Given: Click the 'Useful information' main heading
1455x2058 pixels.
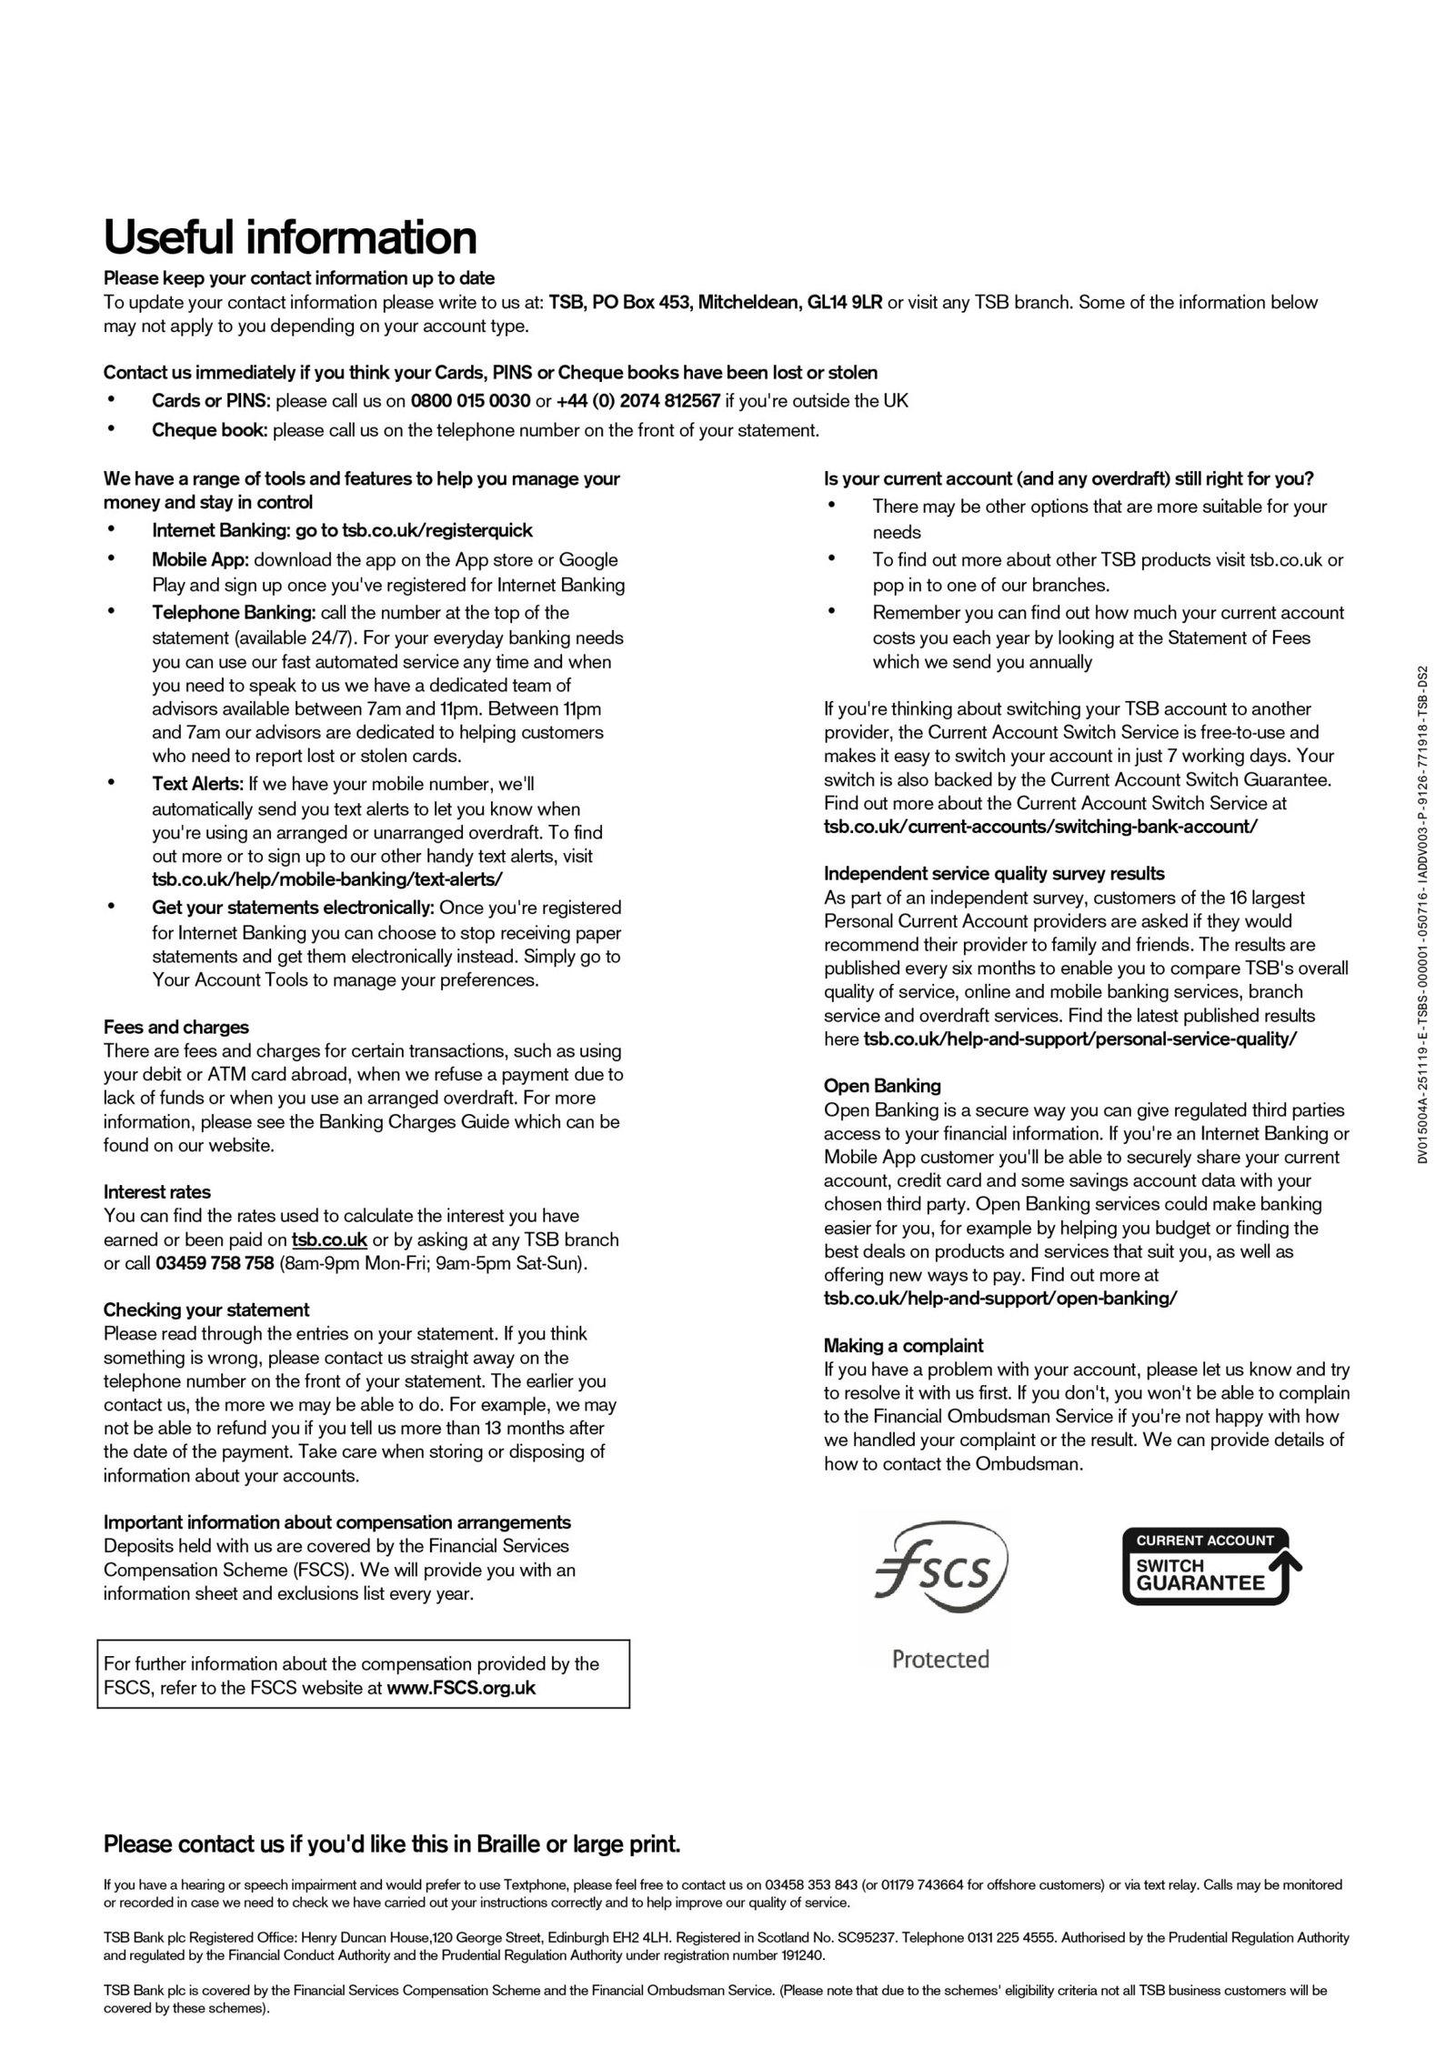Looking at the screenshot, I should (290, 237).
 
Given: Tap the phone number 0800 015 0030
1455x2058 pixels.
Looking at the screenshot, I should (470, 401).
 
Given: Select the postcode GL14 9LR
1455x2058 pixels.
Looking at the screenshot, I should (845, 303).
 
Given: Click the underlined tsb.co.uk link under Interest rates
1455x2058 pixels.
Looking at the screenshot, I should (329, 1240).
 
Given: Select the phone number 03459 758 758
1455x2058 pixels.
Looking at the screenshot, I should (215, 1263).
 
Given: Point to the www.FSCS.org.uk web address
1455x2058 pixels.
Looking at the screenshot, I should (461, 1688).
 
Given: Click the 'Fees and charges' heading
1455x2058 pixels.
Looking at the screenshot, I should (176, 1028).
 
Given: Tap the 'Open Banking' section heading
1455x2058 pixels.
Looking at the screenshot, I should (882, 1086).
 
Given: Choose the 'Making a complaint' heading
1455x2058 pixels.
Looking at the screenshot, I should (903, 1345).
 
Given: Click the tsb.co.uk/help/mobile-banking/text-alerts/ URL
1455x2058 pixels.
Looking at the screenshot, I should (327, 879).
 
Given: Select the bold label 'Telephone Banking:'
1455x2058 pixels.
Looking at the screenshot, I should (234, 613).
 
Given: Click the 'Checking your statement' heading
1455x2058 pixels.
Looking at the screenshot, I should (206, 1310).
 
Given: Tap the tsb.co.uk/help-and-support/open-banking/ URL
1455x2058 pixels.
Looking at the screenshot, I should (1000, 1298).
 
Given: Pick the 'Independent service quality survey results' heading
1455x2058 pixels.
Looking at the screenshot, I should (994, 874).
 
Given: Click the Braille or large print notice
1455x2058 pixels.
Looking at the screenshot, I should (392, 1844).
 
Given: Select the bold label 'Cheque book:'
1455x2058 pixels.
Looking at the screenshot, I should (210, 430).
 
